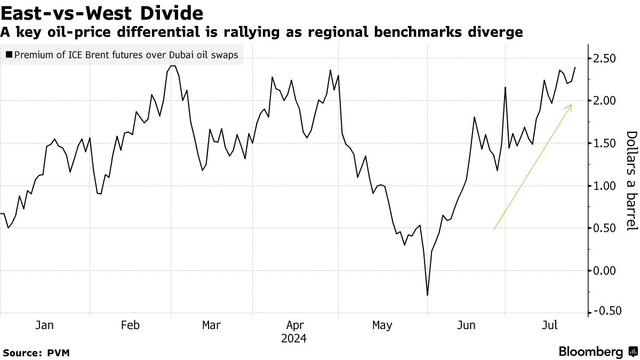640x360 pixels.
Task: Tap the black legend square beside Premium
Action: (x=9, y=54)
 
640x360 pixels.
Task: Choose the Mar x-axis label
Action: (x=211, y=325)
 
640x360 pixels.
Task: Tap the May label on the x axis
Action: (x=382, y=325)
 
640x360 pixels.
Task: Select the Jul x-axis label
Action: (x=549, y=325)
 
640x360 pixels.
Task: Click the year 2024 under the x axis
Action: (x=294, y=339)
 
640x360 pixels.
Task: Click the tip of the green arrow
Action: (x=572, y=105)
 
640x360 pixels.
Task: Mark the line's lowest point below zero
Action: (x=427, y=295)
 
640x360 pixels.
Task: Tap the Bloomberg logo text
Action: (x=590, y=352)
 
